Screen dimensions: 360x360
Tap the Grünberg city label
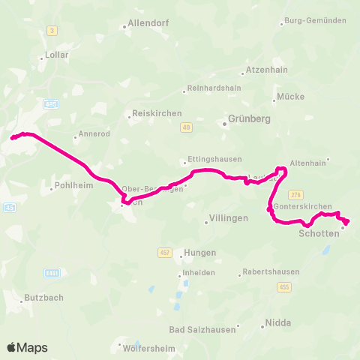click(249, 118)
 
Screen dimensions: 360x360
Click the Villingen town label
click(227, 219)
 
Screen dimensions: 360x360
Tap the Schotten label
click(319, 234)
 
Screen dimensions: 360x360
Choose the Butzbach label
click(43, 298)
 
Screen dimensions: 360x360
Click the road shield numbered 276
click(295, 193)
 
